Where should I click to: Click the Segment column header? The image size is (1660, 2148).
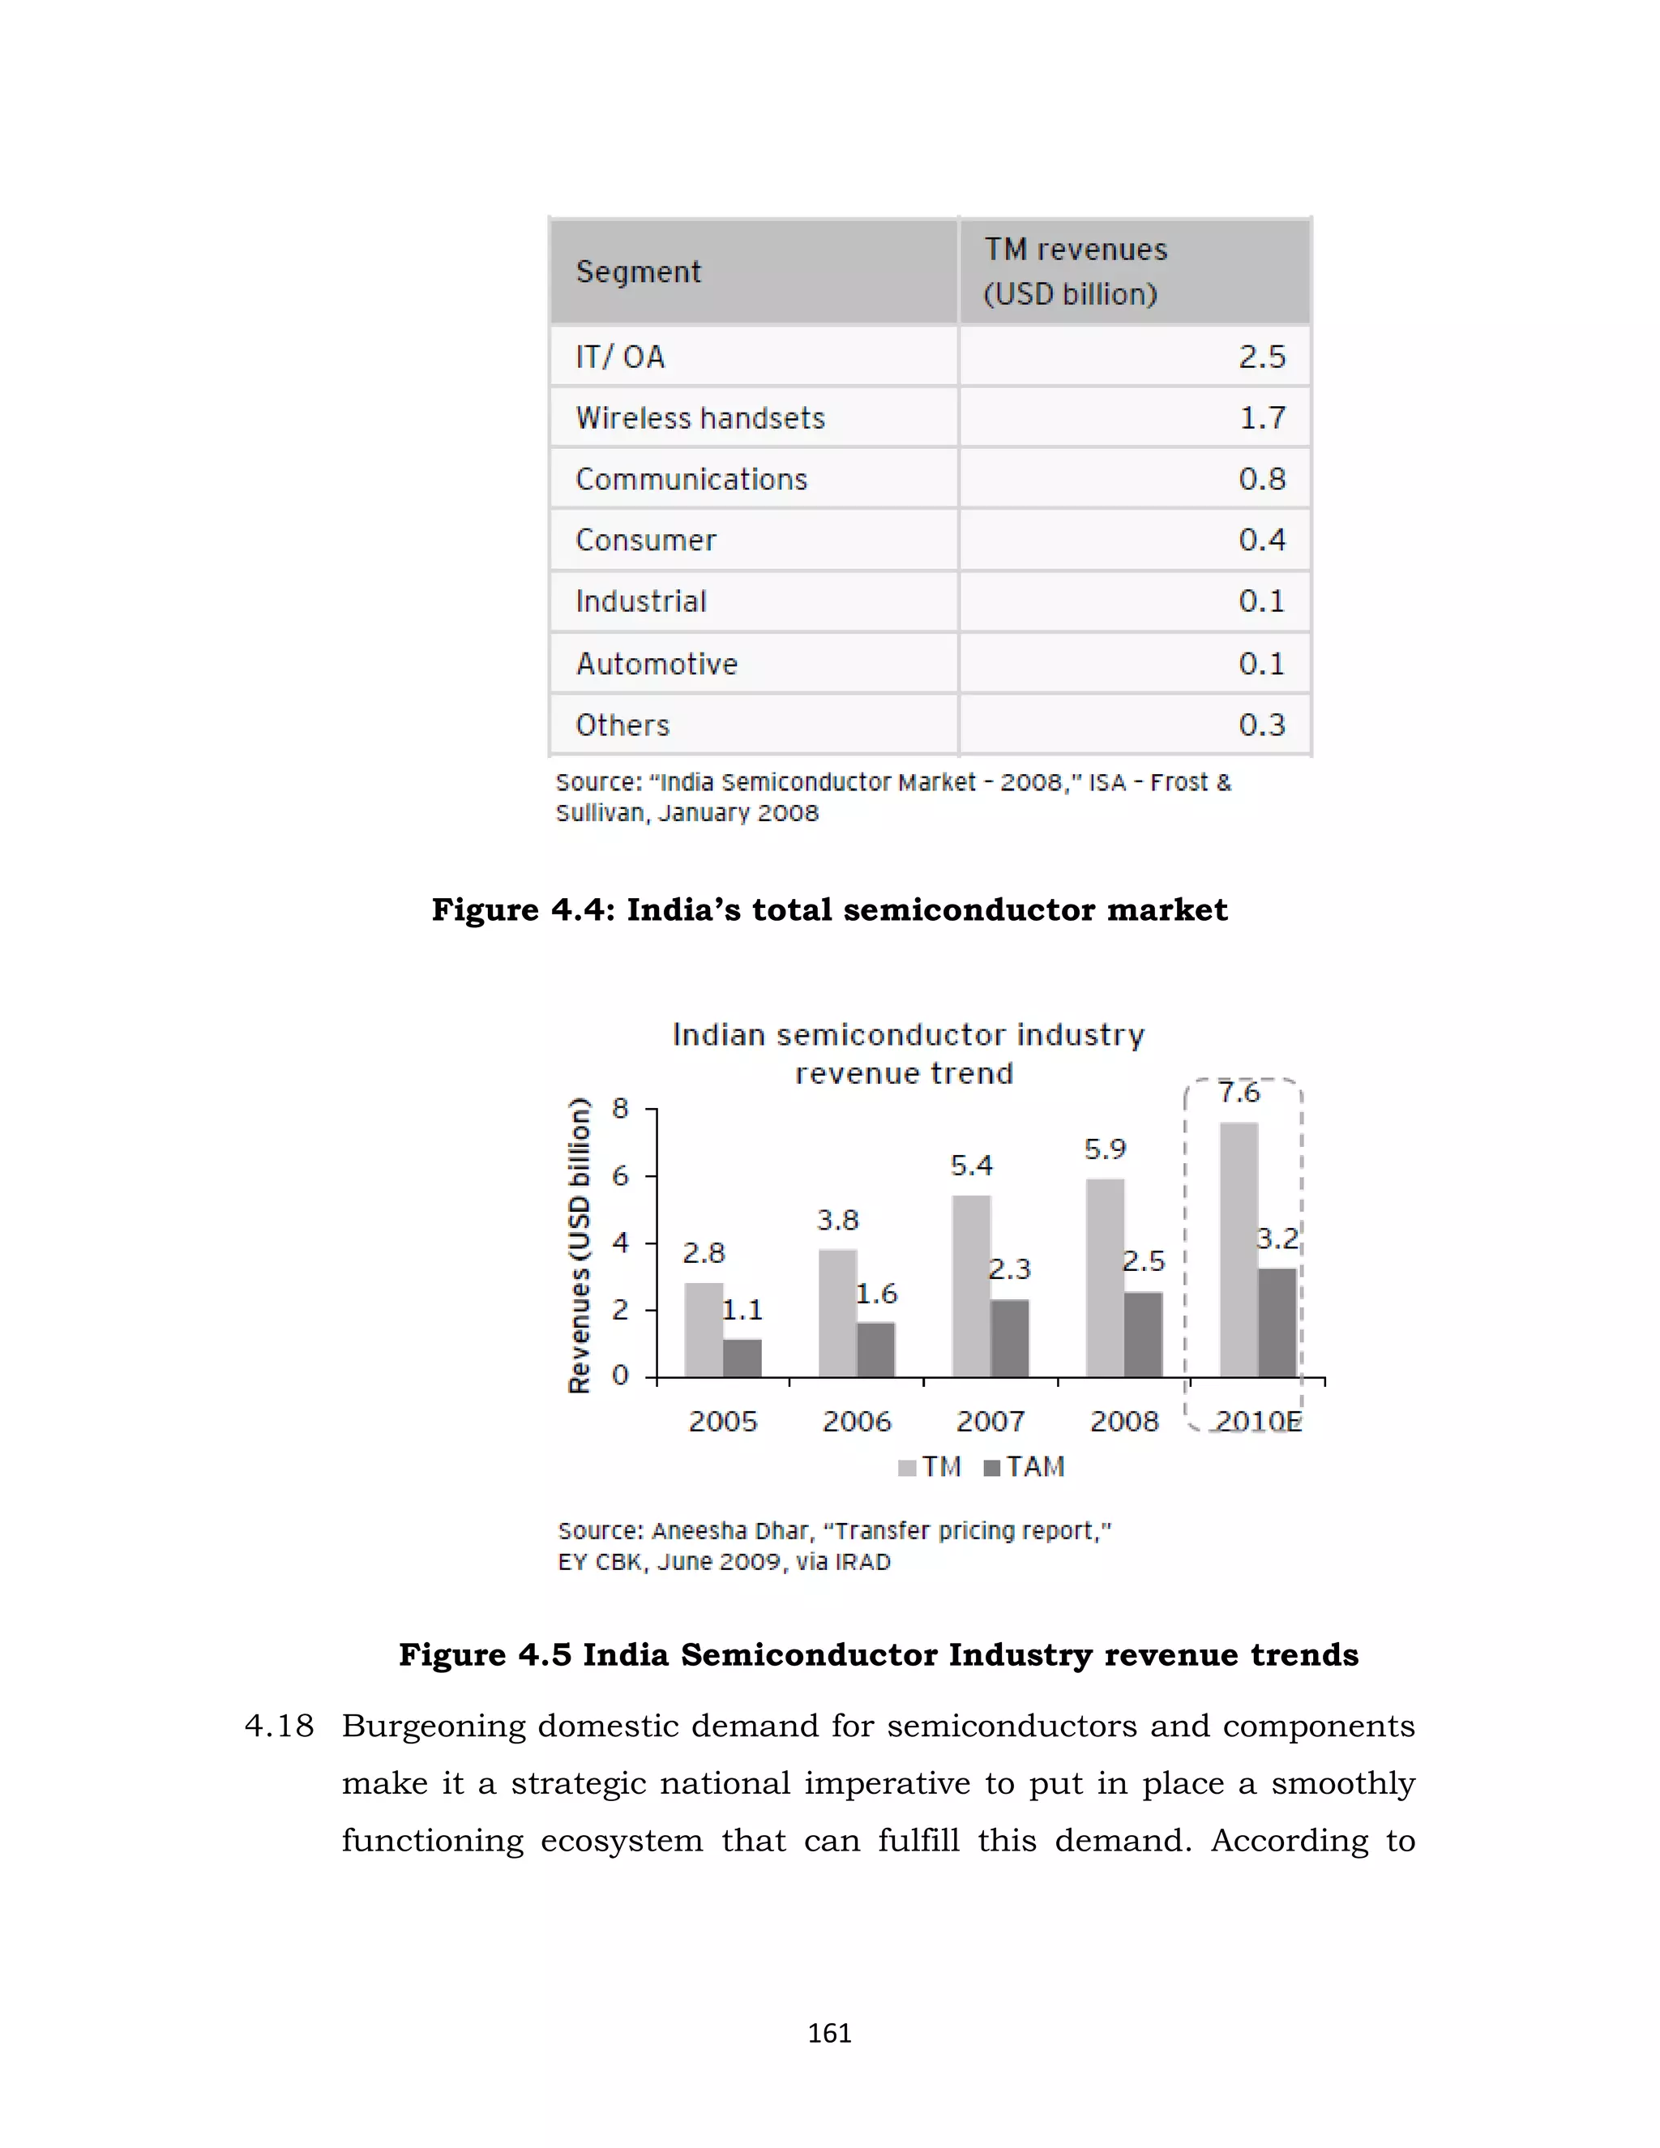pos(638,272)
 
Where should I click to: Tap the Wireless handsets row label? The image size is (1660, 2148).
pos(700,418)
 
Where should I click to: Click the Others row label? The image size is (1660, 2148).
pos(622,725)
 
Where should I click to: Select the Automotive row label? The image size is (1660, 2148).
pos(657,664)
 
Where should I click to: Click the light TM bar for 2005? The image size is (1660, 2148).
pos(703,1329)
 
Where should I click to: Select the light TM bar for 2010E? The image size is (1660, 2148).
pos(1239,1249)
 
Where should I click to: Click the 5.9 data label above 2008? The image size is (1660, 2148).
pos(1105,1149)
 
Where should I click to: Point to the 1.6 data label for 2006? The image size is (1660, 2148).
pos(875,1294)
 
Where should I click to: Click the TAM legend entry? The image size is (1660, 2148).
pos(1025,1466)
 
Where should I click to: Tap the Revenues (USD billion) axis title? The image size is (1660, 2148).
pos(580,1244)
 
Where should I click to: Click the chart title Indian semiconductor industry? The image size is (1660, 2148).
pos(908,1034)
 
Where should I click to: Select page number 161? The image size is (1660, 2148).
pos(829,2033)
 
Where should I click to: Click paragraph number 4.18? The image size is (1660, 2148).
pos(280,1726)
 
